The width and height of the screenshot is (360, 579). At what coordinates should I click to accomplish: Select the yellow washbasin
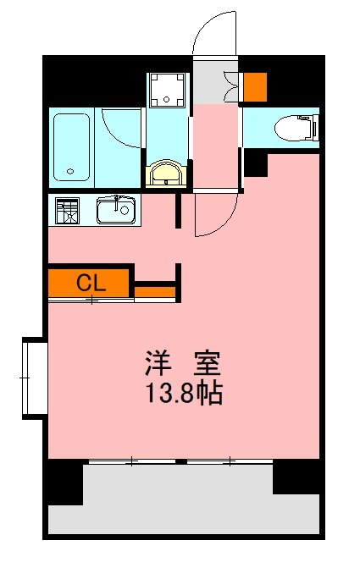coord(165,174)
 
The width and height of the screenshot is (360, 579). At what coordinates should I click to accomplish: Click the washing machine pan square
coord(165,89)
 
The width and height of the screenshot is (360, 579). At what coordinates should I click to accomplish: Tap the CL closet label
coord(91,284)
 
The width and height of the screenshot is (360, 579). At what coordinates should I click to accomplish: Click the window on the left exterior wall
coord(34,378)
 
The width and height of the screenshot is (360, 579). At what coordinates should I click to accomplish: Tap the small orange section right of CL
coord(155,292)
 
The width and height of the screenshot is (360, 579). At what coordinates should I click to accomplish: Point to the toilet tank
coord(313,127)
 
